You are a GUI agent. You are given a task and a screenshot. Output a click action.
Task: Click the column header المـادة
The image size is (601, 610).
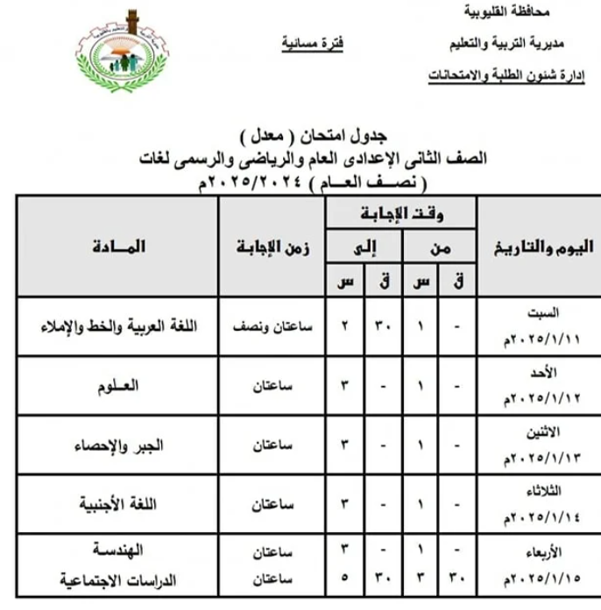coord(116,248)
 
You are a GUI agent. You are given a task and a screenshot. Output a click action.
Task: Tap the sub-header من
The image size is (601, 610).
coord(441,248)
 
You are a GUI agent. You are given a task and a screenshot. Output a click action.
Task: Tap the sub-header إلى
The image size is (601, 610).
coord(364,248)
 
